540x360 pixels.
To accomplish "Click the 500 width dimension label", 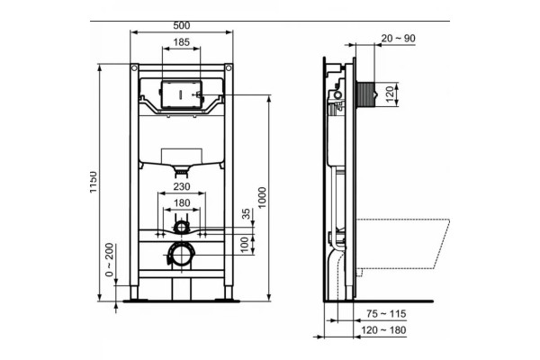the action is [x=182, y=25].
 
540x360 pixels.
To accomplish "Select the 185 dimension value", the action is [x=181, y=42].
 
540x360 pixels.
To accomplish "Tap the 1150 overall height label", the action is [x=94, y=182].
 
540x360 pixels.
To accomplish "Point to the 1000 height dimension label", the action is [x=262, y=197].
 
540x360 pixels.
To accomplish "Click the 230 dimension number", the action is [x=182, y=186].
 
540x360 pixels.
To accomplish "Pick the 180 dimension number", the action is [x=182, y=202].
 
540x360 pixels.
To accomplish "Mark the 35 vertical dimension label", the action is [x=246, y=213].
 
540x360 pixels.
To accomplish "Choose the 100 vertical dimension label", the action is [x=244, y=244].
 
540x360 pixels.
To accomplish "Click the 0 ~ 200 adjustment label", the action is [x=109, y=260].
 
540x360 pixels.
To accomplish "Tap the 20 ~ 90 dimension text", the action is [x=399, y=38].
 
